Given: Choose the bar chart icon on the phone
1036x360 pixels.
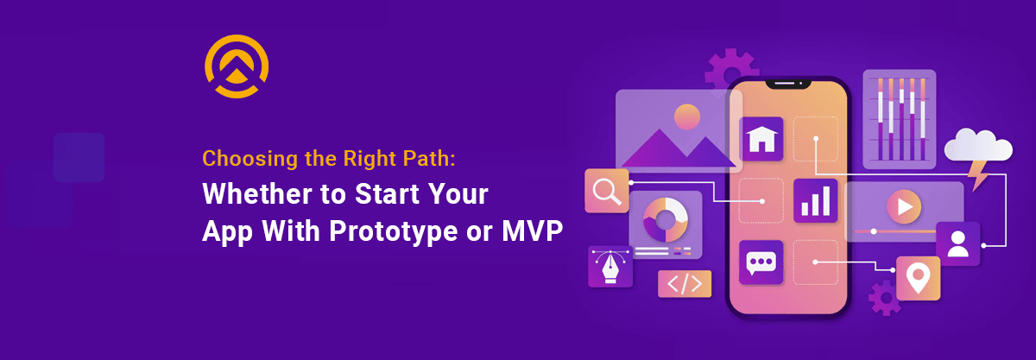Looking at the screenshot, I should [x=815, y=200].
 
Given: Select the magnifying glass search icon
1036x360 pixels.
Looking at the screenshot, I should [x=606, y=190].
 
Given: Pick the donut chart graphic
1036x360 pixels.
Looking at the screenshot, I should [x=664, y=220].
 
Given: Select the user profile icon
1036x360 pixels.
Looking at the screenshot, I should [x=957, y=243].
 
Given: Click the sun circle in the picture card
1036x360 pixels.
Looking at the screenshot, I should [x=686, y=116].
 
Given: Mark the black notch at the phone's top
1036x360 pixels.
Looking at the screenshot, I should [x=787, y=84].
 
